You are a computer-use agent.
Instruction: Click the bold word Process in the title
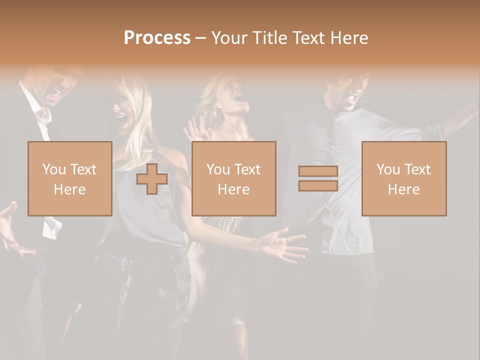[157, 38]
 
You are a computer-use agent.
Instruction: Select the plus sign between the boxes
[152, 178]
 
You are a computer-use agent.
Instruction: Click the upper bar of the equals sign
[318, 171]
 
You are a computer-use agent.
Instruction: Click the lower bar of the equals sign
[318, 186]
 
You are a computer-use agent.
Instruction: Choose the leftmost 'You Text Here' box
[69, 178]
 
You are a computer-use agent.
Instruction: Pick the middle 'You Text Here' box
[233, 178]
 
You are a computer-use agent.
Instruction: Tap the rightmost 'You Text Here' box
[403, 178]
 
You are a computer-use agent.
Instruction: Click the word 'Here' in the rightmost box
[403, 189]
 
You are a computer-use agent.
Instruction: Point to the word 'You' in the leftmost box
[54, 169]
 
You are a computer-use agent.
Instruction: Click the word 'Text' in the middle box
[247, 169]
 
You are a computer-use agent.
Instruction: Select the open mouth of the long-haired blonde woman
[120, 120]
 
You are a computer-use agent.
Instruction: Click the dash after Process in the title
[200, 38]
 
